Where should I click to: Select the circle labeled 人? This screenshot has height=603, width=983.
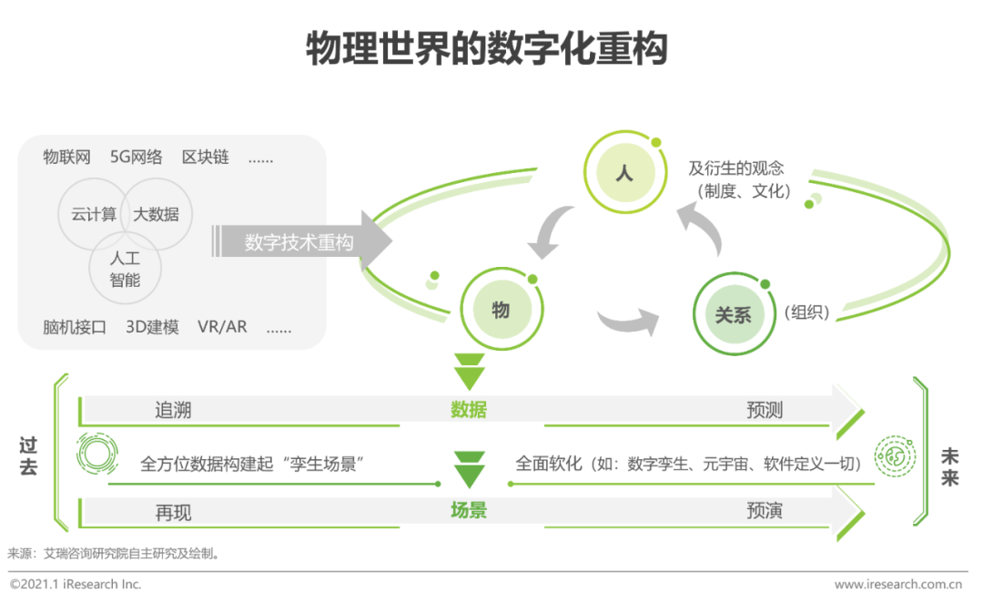coord(623,171)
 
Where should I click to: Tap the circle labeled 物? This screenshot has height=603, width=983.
coord(501,311)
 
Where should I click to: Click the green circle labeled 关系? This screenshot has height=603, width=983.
coord(733,315)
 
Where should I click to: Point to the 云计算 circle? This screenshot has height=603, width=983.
coord(94,215)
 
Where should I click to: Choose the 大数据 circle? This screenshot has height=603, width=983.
coord(157,215)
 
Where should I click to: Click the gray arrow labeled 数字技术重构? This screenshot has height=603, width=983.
coord(300,243)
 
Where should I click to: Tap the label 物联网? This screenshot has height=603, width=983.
coord(67,157)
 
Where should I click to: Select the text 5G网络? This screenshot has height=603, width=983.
coord(137,157)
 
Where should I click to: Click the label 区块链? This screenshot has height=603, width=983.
coord(206,157)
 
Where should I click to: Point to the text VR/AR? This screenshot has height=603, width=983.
coord(222,327)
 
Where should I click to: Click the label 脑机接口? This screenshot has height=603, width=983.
coord(75,327)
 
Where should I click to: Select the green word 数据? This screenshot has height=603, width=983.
coord(469,410)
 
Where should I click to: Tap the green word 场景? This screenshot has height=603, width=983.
coord(469,510)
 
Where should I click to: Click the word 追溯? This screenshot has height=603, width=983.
coord(173,410)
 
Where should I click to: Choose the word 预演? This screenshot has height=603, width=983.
coord(765,510)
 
